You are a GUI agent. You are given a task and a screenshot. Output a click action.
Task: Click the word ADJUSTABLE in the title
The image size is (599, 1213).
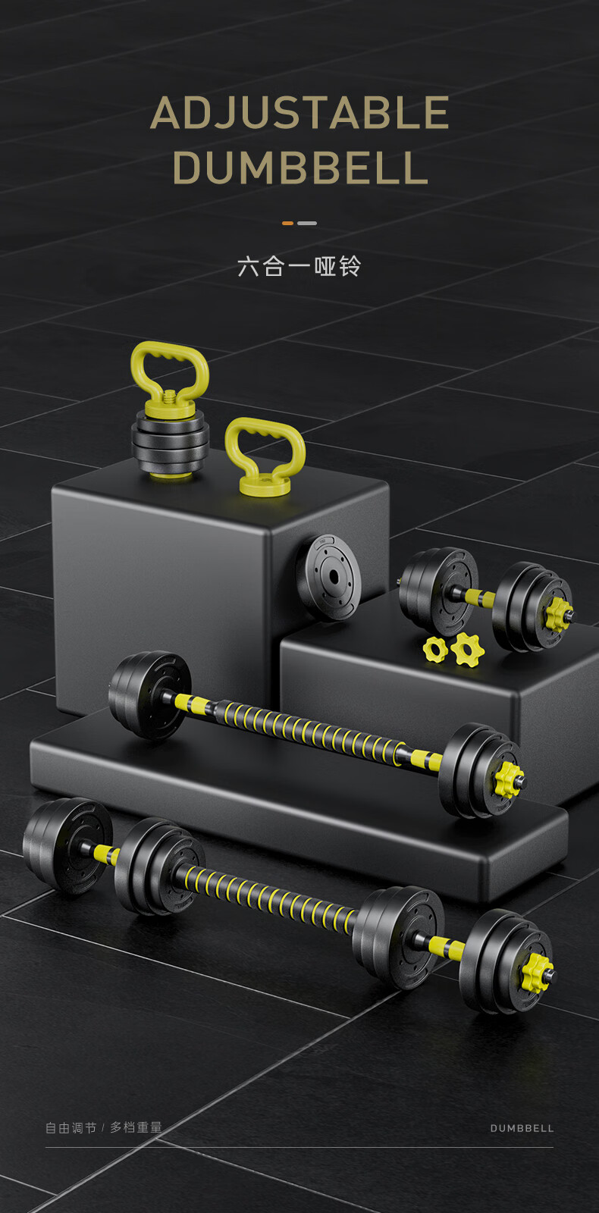click(x=299, y=113)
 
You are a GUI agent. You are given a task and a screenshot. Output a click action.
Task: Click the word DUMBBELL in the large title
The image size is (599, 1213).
click(x=300, y=168)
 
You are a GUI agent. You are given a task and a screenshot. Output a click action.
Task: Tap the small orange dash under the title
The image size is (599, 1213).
click(x=287, y=223)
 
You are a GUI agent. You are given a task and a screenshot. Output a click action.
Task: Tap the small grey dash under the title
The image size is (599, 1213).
click(x=307, y=223)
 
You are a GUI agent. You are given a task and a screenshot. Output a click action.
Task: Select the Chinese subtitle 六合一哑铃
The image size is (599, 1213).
click(x=299, y=266)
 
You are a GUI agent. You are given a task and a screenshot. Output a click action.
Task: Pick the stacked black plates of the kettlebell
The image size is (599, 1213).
click(x=170, y=442)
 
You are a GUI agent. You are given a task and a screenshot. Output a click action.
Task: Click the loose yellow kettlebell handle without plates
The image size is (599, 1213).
click(x=265, y=454)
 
